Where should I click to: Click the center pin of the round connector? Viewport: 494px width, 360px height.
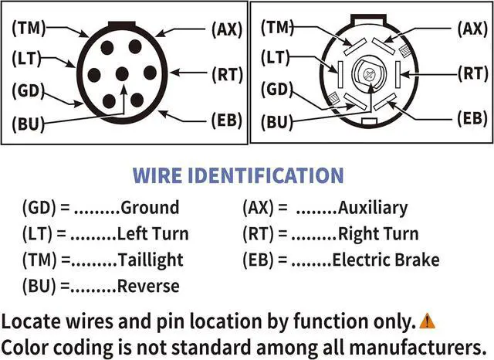pyautogui.click(x=122, y=74)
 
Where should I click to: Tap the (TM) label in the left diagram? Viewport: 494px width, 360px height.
pyautogui.click(x=29, y=28)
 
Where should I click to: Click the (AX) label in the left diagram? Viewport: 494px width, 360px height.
pyautogui.click(x=227, y=29)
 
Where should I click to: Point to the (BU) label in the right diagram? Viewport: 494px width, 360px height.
pyautogui.click(x=277, y=122)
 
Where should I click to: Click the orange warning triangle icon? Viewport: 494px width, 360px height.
pyautogui.click(x=427, y=321)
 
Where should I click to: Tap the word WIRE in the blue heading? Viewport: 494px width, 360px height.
pyautogui.click(x=157, y=175)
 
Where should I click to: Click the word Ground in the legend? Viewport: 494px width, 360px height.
pyautogui.click(x=150, y=208)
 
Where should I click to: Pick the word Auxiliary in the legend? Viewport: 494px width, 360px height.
pyautogui.click(x=373, y=208)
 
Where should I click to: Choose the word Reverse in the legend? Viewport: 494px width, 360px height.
pyautogui.click(x=148, y=287)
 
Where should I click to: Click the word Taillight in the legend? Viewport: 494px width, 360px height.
pyautogui.click(x=151, y=260)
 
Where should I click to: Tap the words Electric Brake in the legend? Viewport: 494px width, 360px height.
pyautogui.click(x=386, y=260)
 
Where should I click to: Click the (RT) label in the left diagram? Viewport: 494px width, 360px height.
pyautogui.click(x=228, y=75)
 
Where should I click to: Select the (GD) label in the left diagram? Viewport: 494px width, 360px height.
pyautogui.click(x=28, y=91)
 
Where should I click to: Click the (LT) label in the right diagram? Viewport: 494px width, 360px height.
pyautogui.click(x=275, y=57)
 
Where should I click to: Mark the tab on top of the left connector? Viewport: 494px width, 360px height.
pyautogui.click(x=122, y=24)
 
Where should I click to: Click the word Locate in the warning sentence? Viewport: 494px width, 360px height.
pyautogui.click(x=31, y=321)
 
